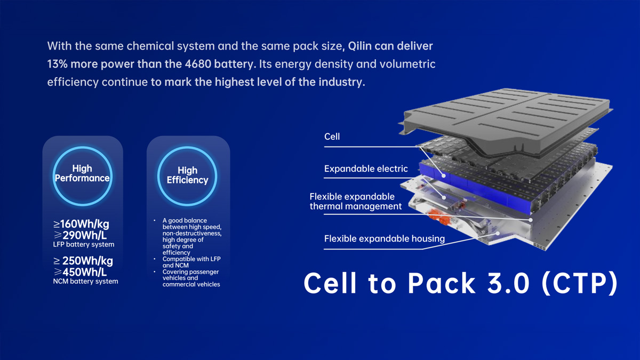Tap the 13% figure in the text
click(x=57, y=64)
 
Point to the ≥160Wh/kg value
click(x=81, y=224)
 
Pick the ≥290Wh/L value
click(x=80, y=235)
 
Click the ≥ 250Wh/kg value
click(x=83, y=261)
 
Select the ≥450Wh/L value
click(x=80, y=272)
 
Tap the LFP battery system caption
click(x=84, y=245)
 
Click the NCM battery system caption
click(x=85, y=282)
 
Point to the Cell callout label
click(x=332, y=137)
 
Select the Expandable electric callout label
click(x=366, y=169)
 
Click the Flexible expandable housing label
click(x=385, y=238)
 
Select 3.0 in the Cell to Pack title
click(x=508, y=283)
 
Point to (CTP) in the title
click(x=580, y=284)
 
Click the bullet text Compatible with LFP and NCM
click(x=191, y=262)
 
